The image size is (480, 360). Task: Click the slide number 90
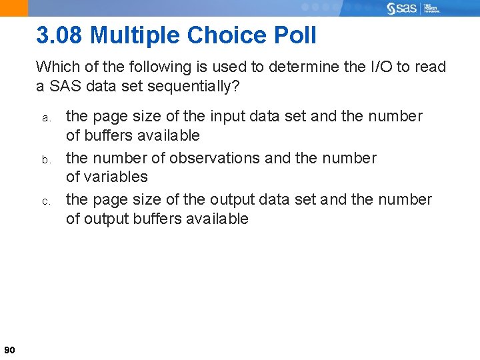point(9,349)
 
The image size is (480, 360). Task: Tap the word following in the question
point(143,67)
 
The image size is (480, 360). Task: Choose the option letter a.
point(46,117)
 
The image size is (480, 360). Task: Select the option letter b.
point(46,159)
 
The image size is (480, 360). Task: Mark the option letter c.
point(46,201)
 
